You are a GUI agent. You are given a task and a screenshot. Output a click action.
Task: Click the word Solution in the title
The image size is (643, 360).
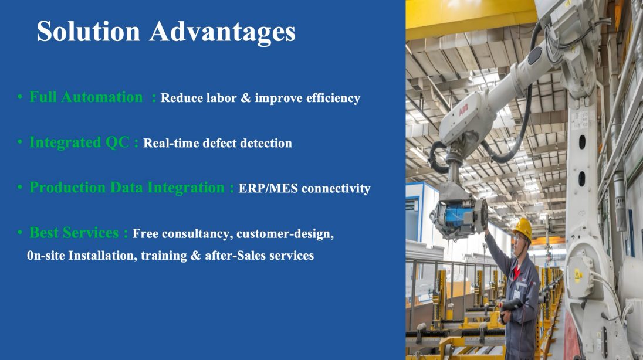89,31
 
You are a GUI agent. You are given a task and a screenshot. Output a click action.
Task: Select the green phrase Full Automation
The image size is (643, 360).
86,97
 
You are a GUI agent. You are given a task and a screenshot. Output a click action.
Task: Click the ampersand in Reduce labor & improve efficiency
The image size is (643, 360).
246,98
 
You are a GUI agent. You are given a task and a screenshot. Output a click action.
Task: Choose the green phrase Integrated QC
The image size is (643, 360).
80,142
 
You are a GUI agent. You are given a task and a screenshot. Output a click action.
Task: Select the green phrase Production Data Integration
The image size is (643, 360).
127,188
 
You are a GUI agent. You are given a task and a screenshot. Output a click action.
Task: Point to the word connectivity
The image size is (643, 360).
336,189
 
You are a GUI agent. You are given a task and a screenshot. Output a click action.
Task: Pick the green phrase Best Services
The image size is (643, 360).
75,233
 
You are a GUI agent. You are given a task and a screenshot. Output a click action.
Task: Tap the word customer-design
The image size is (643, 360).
285,234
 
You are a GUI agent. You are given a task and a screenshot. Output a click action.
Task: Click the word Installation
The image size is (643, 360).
103,256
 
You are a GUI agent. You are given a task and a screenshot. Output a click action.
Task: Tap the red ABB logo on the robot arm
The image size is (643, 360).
463,110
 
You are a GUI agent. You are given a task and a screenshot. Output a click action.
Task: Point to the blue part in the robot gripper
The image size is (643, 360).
456,216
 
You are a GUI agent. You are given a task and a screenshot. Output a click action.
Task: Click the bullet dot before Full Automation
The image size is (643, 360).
20,97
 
